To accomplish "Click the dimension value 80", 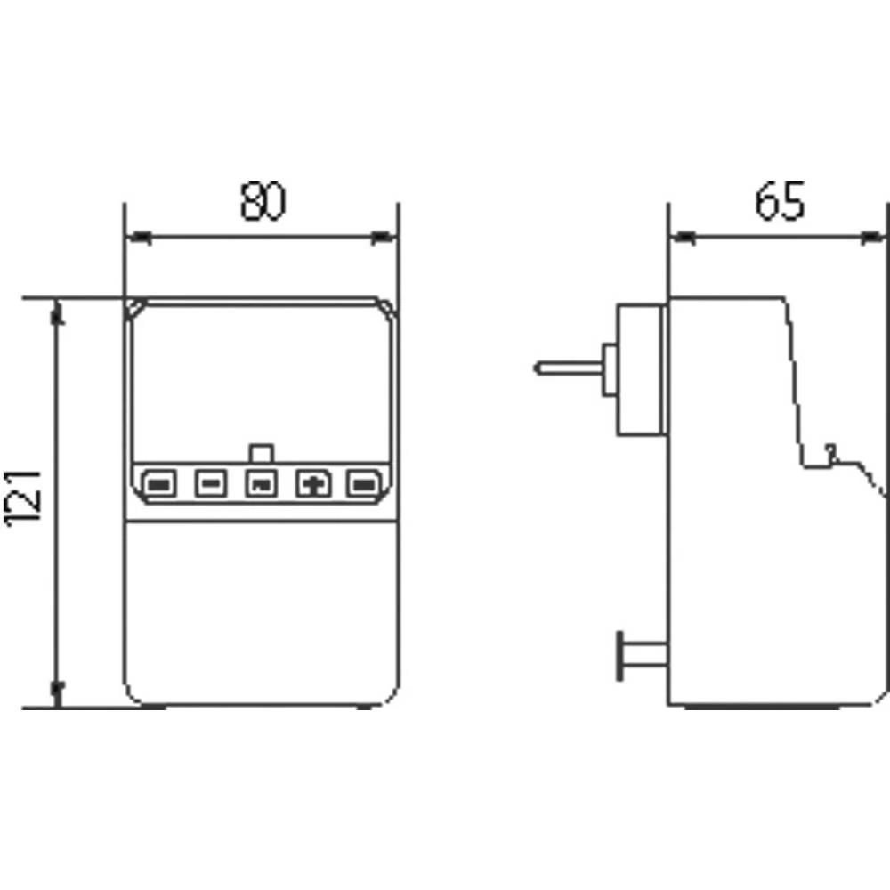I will (263, 202).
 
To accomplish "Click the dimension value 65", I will (780, 202).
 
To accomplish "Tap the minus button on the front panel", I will (210, 484).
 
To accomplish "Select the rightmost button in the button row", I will (363, 484).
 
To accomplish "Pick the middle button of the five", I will (261, 484).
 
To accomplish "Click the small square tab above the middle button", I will (262, 453).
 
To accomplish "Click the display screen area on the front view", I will (261, 378).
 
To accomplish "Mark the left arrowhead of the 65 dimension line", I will (682, 238).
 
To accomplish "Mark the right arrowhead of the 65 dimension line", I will (876, 238).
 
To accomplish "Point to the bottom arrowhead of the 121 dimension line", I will (59, 693).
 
